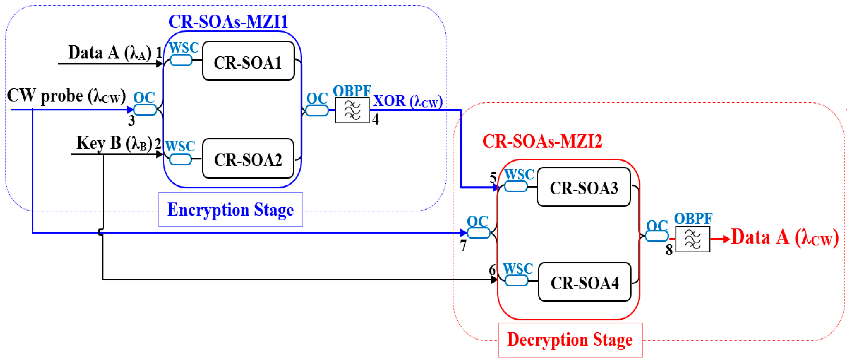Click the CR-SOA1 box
248,61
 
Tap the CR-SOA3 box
584,187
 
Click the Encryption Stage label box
231,209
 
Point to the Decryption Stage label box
570,340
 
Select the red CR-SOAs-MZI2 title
542,141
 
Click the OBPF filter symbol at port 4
352,110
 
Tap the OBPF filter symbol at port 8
693,239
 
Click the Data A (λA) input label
110,53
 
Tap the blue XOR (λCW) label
408,101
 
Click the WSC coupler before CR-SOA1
181,60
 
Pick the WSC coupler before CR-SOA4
516,281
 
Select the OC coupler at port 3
145,110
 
